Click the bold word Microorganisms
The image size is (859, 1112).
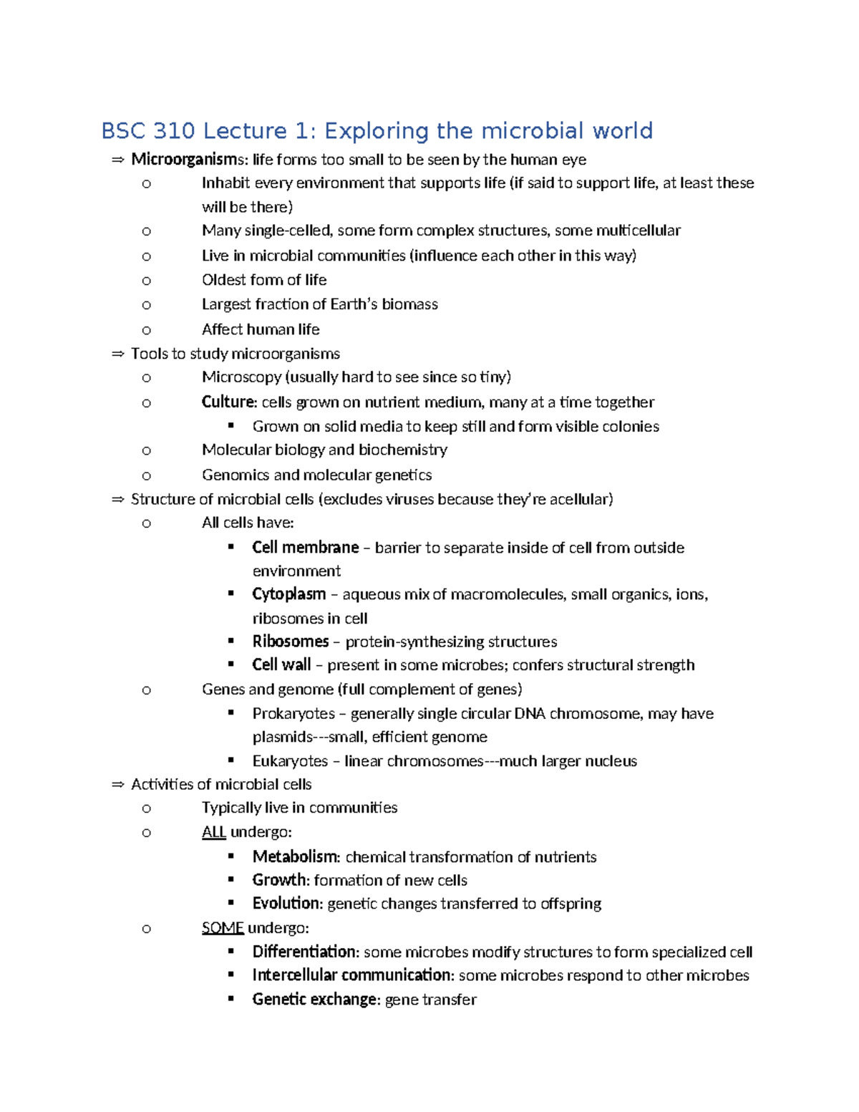click(x=188, y=159)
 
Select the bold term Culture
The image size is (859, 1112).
click(x=228, y=402)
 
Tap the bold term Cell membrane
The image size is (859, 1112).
click(x=305, y=548)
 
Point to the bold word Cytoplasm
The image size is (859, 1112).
click(x=288, y=594)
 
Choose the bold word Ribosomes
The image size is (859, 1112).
click(x=290, y=642)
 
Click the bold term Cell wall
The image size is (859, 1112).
click(x=281, y=665)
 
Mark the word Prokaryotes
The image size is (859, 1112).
click(x=293, y=714)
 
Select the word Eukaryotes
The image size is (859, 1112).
click(x=290, y=761)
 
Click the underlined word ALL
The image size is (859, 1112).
click(x=213, y=832)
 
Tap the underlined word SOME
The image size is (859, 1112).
click(x=223, y=928)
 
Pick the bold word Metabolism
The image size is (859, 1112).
click(x=294, y=857)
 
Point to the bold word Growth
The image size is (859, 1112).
click(x=279, y=880)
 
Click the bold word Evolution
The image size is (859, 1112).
click(x=286, y=904)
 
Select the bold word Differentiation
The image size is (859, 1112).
click(x=304, y=952)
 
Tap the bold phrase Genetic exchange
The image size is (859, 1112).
click(x=314, y=1000)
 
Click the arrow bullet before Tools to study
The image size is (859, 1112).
click(x=118, y=354)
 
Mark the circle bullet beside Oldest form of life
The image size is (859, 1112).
click(x=147, y=281)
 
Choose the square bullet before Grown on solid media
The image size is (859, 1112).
click(x=230, y=425)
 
